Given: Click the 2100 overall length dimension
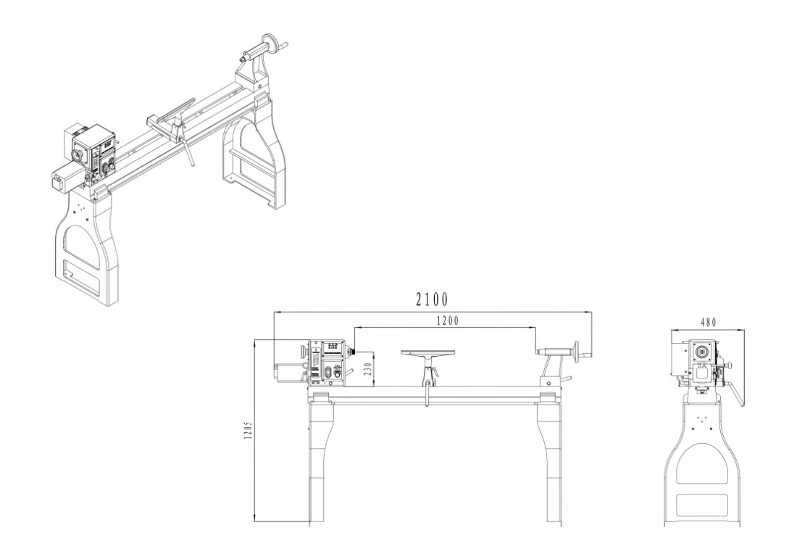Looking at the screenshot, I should pyautogui.click(x=431, y=299).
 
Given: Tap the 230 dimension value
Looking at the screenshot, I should pyautogui.click(x=367, y=368).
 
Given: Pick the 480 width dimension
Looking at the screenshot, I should pyautogui.click(x=709, y=322).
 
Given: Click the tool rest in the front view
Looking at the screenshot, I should pyautogui.click(x=429, y=354).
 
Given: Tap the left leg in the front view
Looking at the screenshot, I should pyautogui.click(x=319, y=457).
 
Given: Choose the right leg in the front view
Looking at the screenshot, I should pyautogui.click(x=550, y=457).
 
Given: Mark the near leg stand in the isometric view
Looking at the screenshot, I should pyautogui.click(x=87, y=247).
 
